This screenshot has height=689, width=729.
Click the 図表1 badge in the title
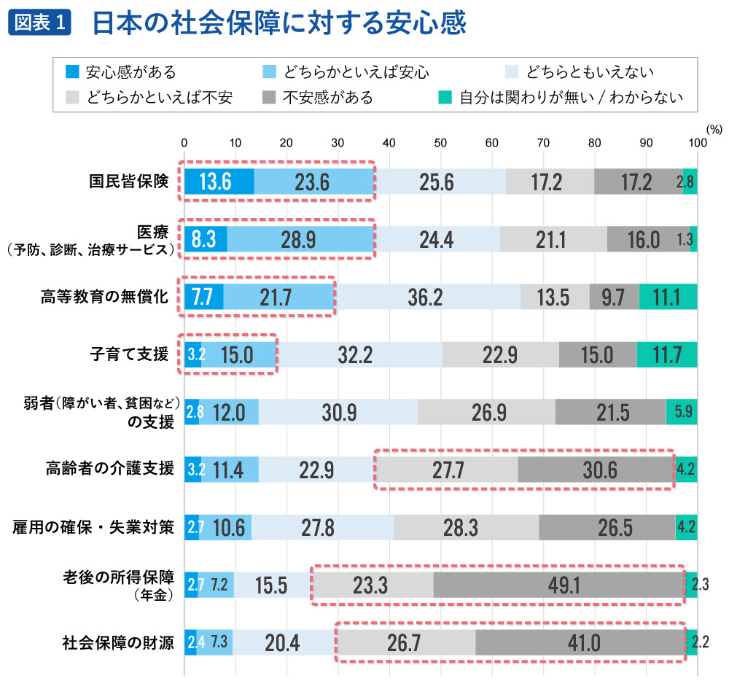[41, 23]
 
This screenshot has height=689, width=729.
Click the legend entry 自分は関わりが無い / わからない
[561, 97]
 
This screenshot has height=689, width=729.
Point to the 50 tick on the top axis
[440, 143]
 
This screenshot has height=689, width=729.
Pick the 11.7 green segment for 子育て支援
[666, 355]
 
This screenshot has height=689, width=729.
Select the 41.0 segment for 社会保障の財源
[581, 644]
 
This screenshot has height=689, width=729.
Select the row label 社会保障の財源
[117, 643]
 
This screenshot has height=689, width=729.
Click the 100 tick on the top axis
[697, 143]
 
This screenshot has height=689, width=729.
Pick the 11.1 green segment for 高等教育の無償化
[668, 297]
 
